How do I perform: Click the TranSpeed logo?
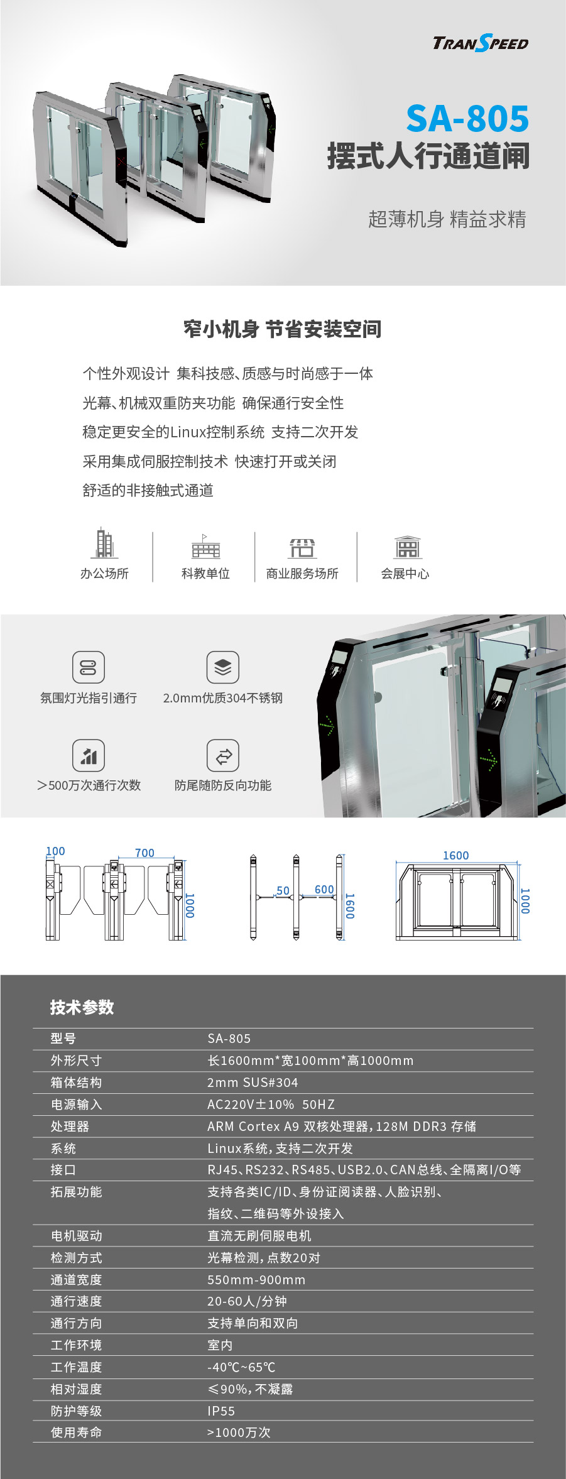pos(481,43)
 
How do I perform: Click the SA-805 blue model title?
pos(467,119)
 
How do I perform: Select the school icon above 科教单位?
pos(205,547)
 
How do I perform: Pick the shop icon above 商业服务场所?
pos(302,548)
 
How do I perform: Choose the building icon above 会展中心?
pos(407,547)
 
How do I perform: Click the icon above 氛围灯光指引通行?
pos(89,667)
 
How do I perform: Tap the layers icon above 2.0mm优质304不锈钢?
pos(223,667)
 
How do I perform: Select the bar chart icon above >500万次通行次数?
pos(89,755)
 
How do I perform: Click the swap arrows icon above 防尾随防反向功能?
pos(223,755)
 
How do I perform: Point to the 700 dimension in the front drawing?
pos(144,853)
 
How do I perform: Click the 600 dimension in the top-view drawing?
pos(324,889)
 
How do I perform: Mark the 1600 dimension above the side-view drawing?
pos(455,855)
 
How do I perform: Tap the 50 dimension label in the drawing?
pos(283,890)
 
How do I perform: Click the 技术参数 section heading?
pos(82,1007)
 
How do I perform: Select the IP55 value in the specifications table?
pos(221,1411)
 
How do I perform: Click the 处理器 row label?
pos(70,1126)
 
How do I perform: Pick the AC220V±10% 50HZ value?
pos(271,1104)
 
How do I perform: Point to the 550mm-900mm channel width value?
pos(256,1279)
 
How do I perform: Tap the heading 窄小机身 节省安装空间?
pos(283,329)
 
